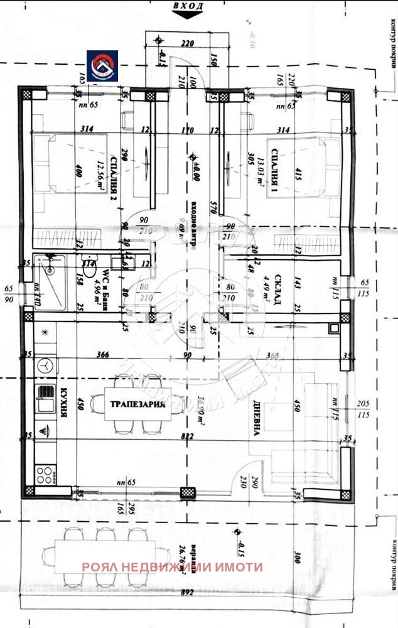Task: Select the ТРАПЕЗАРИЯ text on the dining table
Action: point(138,404)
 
